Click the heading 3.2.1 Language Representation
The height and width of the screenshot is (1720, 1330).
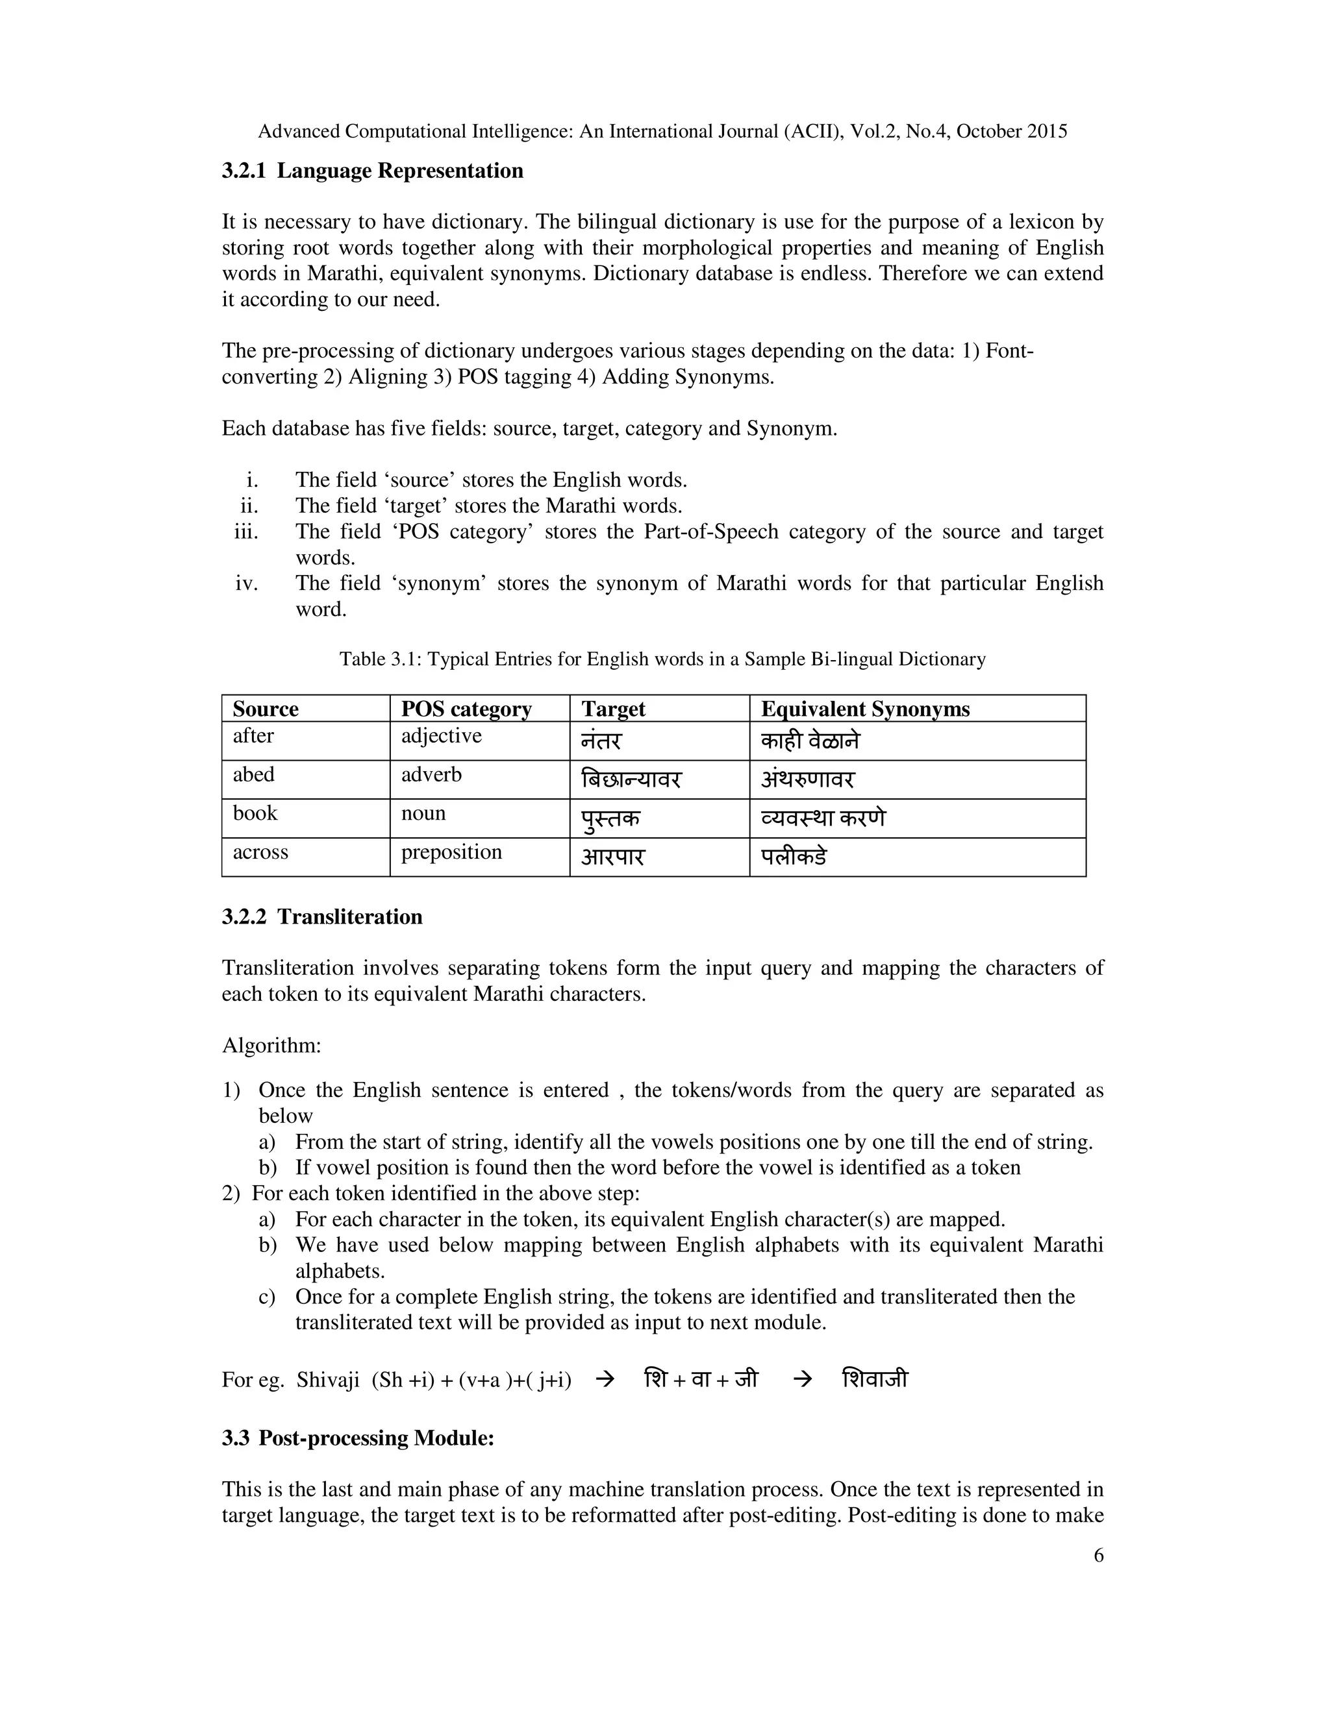click(x=372, y=171)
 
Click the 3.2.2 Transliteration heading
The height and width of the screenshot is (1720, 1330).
click(x=322, y=916)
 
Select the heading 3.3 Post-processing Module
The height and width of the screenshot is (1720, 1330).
click(x=358, y=1438)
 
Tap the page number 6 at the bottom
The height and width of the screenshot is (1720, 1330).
click(x=1098, y=1555)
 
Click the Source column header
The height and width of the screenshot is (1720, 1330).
click(x=266, y=709)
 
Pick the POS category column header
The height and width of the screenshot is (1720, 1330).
click(x=466, y=709)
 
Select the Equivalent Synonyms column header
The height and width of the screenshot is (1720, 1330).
click(x=864, y=709)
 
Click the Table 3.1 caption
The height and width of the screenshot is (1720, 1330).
click(x=662, y=659)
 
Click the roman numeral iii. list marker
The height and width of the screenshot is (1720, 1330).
click(x=247, y=532)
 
